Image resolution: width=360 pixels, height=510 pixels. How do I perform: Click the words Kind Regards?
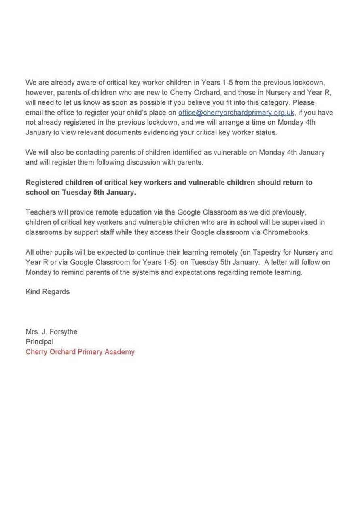[x=48, y=291]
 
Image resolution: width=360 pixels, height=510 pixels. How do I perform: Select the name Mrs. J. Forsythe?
[x=51, y=332]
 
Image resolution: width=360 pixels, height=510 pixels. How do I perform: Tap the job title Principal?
[x=40, y=342]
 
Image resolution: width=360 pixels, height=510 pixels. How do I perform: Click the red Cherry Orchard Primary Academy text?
[x=80, y=352]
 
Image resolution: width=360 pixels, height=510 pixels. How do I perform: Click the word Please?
[x=304, y=102]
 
